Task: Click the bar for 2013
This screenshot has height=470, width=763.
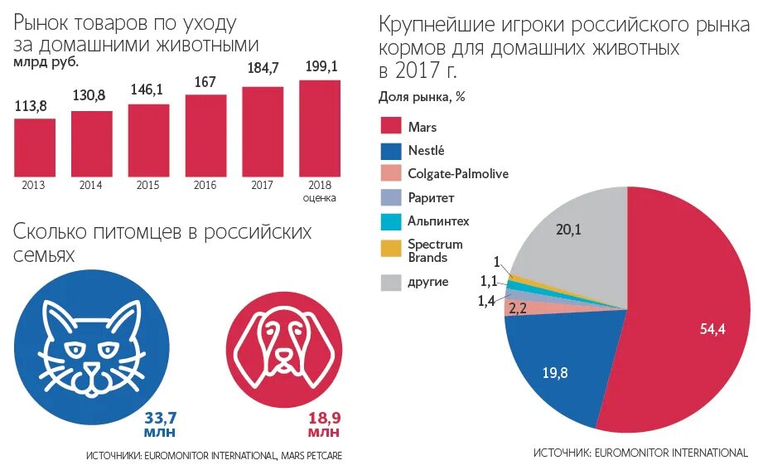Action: pyautogui.click(x=35, y=147)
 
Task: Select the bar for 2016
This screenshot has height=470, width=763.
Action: pyautogui.click(x=205, y=135)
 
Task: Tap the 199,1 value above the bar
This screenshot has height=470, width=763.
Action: pyautogui.click(x=320, y=66)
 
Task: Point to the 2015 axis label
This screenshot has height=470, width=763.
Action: pyautogui.click(x=148, y=185)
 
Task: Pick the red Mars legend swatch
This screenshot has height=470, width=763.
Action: pyautogui.click(x=391, y=127)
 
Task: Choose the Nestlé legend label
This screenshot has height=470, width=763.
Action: pyautogui.click(x=426, y=150)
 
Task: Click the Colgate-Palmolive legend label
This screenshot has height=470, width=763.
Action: pyautogui.click(x=457, y=173)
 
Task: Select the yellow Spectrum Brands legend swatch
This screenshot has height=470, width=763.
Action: pyautogui.click(x=391, y=248)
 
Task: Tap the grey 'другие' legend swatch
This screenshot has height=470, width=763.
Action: pyautogui.click(x=391, y=282)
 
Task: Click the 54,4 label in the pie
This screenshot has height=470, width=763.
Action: pyautogui.click(x=712, y=329)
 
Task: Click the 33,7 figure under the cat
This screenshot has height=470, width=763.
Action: pyautogui.click(x=161, y=417)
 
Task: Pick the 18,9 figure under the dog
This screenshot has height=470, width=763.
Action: pyautogui.click(x=324, y=417)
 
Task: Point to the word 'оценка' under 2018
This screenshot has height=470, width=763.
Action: pyautogui.click(x=320, y=198)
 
